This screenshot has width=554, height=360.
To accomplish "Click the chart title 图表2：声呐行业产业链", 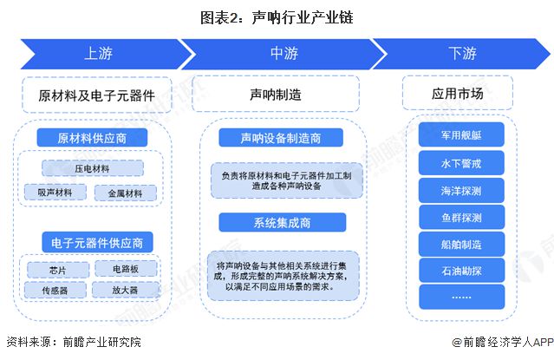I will pos(277,16).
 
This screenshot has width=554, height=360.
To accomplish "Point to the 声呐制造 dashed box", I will pos(275,94).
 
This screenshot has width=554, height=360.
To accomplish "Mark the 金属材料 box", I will pos(125,193).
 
